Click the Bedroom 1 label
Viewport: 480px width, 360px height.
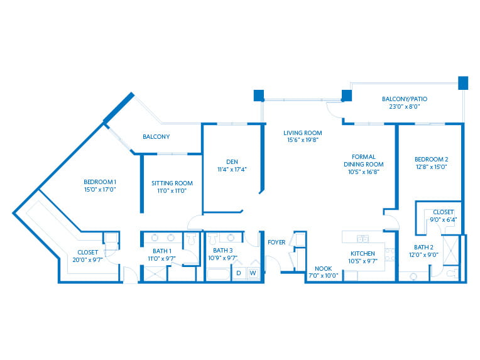101,181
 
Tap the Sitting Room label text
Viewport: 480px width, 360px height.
172,183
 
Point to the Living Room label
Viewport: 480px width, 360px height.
302,133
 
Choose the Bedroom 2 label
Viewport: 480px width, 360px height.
431,159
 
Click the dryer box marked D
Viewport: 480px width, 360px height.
239,273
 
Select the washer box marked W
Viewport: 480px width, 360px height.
253,273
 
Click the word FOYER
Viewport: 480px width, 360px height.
277,242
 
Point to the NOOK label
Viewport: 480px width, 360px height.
323,268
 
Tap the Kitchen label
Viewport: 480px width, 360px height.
363,254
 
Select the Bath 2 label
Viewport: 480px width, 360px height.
424,247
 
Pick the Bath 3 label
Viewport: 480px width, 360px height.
222,250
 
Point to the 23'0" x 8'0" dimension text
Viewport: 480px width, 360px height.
408,107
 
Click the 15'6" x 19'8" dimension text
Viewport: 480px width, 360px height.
302,140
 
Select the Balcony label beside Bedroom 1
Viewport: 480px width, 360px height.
156,136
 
